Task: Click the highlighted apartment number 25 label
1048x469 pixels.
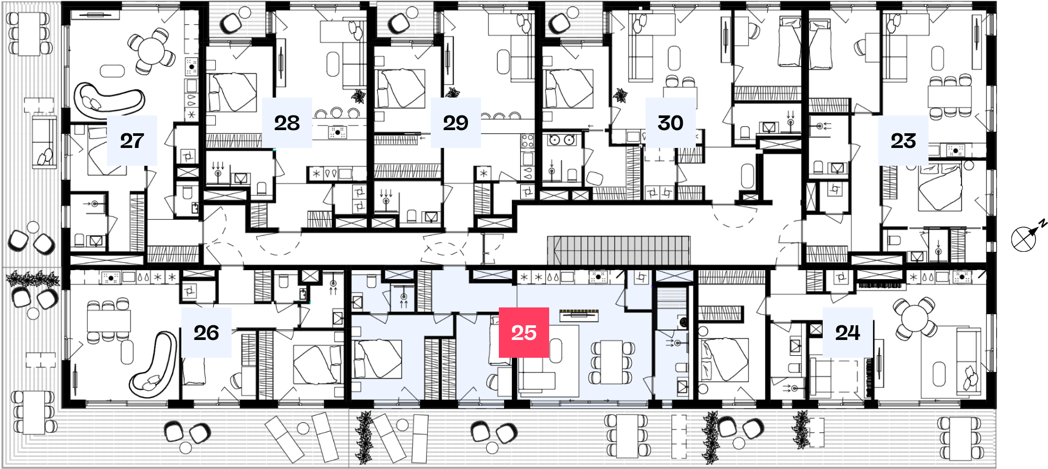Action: [523, 333]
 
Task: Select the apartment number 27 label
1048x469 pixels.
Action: [132, 141]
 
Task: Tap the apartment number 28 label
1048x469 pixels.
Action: [287, 123]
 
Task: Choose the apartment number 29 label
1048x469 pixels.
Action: [456, 123]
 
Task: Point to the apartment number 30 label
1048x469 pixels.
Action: [671, 123]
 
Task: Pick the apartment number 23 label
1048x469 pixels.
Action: [903, 141]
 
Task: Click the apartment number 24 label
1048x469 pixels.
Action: [848, 333]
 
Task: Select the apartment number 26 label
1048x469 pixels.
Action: [206, 333]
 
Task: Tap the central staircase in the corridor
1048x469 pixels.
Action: [619, 250]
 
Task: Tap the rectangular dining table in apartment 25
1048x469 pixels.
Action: [612, 362]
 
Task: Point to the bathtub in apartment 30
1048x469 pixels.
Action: [747, 176]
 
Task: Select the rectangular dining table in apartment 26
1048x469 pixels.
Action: [108, 321]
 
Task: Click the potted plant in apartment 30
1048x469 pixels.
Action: [620, 96]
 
